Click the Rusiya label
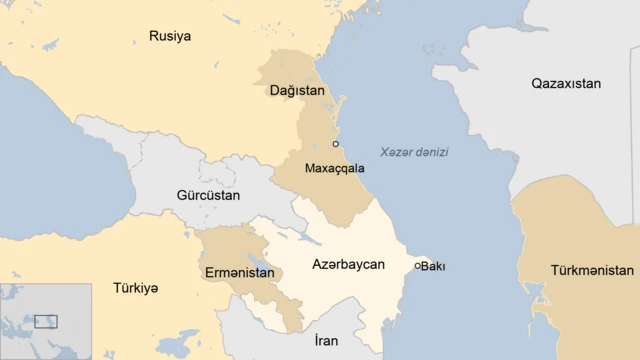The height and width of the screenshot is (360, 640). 170,36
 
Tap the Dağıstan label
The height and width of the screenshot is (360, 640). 297,91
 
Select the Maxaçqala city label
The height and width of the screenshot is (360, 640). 334,168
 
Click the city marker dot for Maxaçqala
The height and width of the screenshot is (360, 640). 336,144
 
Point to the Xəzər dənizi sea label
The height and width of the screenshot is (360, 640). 414,152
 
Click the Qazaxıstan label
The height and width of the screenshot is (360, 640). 566,84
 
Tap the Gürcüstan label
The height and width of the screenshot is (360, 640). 208,195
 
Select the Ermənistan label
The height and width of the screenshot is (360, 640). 240,273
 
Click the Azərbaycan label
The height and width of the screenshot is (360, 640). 348,265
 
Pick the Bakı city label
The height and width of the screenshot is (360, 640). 433,266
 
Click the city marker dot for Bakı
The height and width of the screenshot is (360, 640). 418,266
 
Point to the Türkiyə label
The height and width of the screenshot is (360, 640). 136,288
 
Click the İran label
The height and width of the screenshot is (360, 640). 326,341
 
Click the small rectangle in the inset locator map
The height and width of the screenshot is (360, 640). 46,321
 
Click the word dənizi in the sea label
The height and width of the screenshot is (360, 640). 431,152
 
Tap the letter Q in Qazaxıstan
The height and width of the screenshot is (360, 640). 537,84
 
